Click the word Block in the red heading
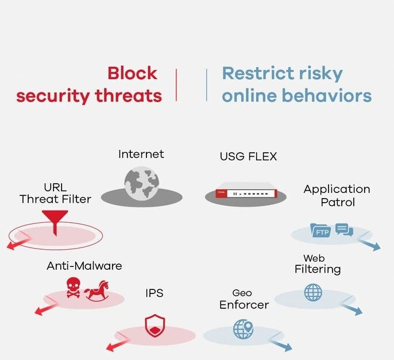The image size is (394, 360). click(133, 73)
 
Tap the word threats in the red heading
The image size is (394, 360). click(129, 96)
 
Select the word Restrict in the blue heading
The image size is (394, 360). click(258, 73)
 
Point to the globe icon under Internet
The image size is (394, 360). click(142, 183)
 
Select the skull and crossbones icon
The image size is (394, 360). click(74, 288)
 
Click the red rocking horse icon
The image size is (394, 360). click(96, 291)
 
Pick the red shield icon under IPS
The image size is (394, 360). click(155, 326)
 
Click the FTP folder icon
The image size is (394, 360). click(320, 230)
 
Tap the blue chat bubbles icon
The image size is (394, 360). click(344, 229)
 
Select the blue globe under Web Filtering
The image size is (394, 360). click(313, 292)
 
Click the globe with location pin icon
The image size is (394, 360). click(243, 329)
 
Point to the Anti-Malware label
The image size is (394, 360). click(84, 266)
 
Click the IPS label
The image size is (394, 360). click(154, 293)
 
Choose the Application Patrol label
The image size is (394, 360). click(337, 196)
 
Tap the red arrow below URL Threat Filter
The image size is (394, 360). click(18, 243)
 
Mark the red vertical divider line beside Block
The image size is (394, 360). click(176, 85)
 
